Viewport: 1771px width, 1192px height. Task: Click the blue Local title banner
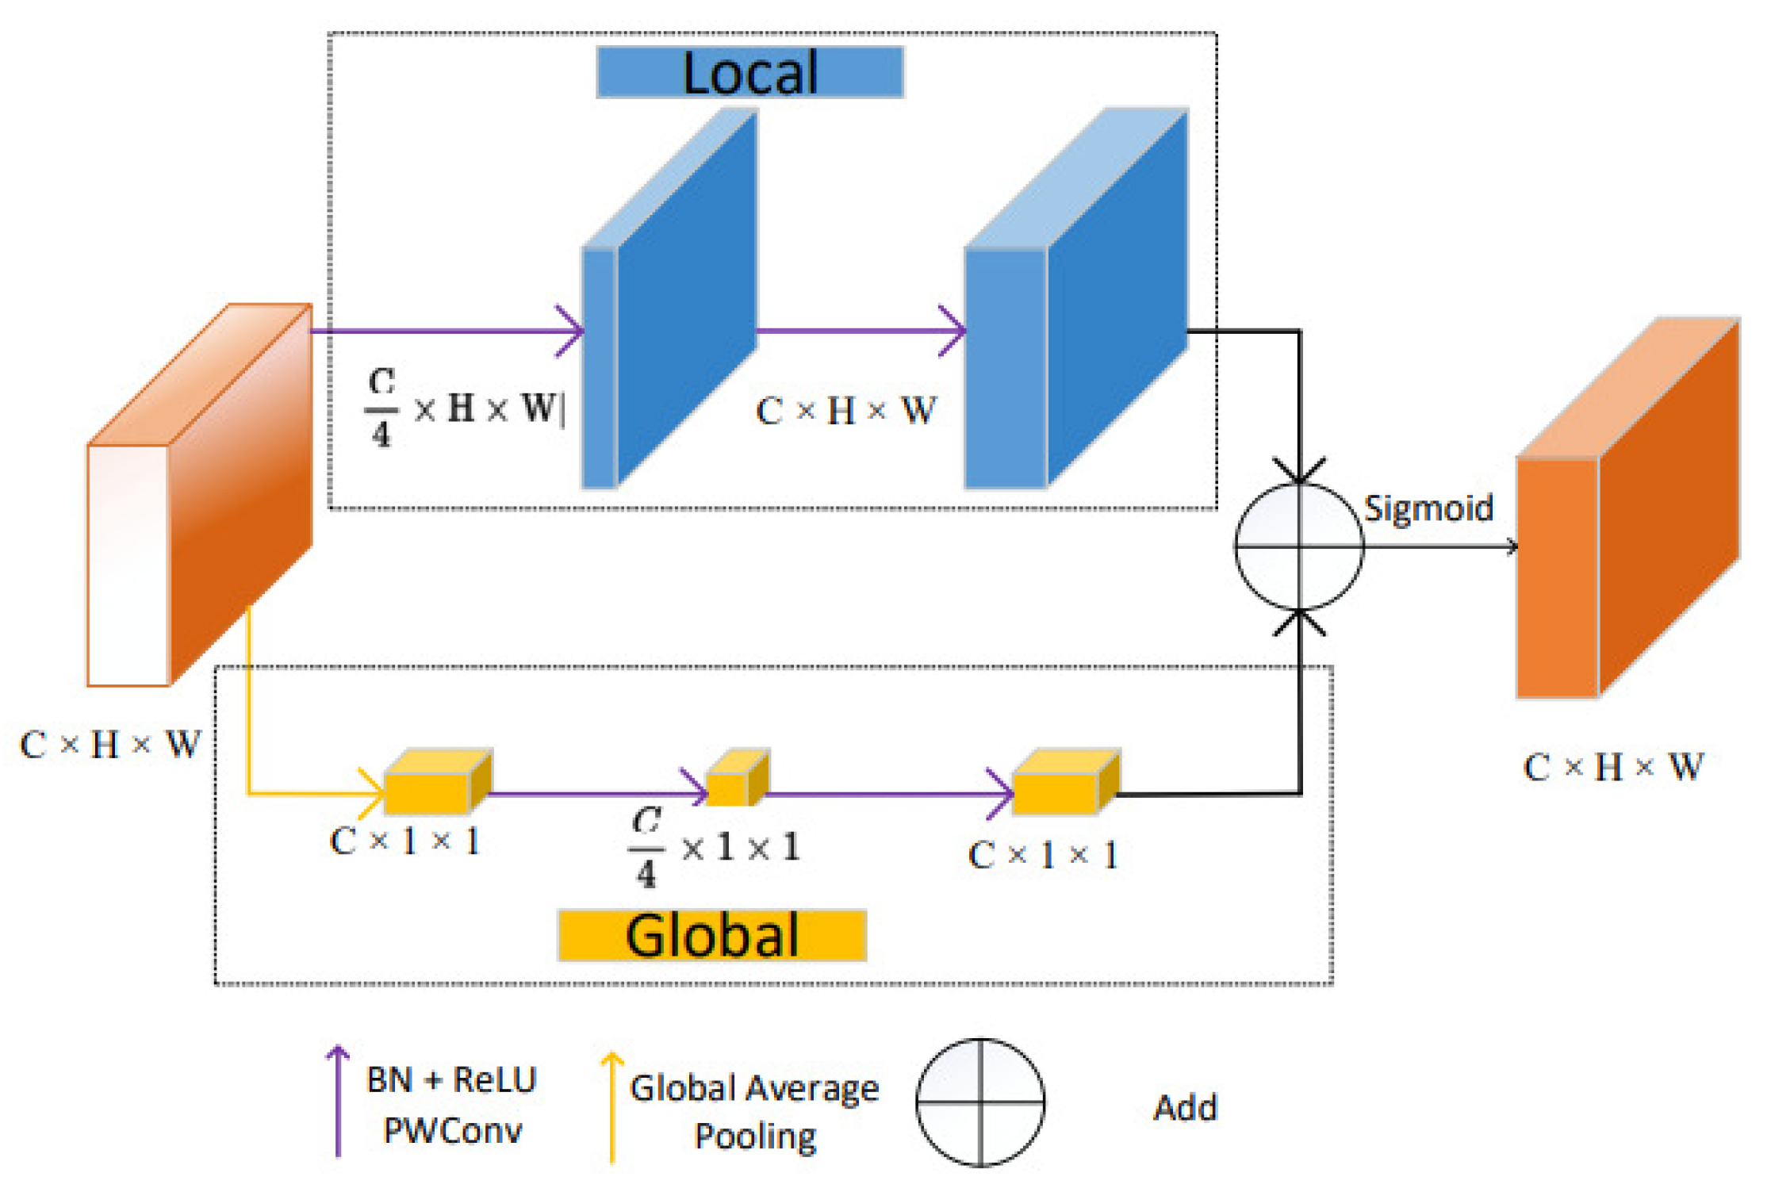[x=749, y=72]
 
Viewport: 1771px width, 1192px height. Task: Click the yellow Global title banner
[x=711, y=936]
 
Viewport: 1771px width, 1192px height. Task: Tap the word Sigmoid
[x=1428, y=508]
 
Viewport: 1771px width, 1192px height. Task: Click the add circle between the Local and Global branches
[x=1299, y=546]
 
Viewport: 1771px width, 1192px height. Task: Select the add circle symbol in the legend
[x=980, y=1102]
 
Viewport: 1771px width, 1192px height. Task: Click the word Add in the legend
[x=1185, y=1108]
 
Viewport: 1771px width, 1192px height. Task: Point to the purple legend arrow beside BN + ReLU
[x=338, y=1102]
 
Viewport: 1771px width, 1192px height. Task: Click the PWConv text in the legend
[x=453, y=1130]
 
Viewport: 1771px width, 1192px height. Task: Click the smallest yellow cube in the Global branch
[x=737, y=779]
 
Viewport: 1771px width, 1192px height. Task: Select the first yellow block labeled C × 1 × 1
[x=436, y=784]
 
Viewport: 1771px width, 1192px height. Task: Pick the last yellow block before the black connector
[x=1065, y=784]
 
